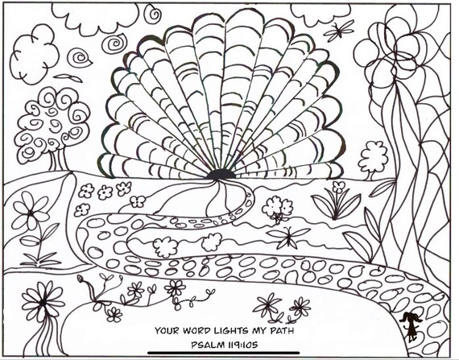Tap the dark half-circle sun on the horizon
click(x=221, y=174)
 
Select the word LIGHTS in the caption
click(x=231, y=330)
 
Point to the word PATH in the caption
click(x=282, y=330)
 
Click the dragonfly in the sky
click(x=339, y=30)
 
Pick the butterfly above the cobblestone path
click(x=288, y=237)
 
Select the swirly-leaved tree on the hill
click(x=52, y=127)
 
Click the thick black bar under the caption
click(x=224, y=353)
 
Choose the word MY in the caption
click(x=258, y=330)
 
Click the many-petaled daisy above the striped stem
click(x=43, y=301)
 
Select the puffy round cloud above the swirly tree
click(x=35, y=54)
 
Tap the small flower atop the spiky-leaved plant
click(x=339, y=186)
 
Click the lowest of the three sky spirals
click(x=79, y=58)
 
